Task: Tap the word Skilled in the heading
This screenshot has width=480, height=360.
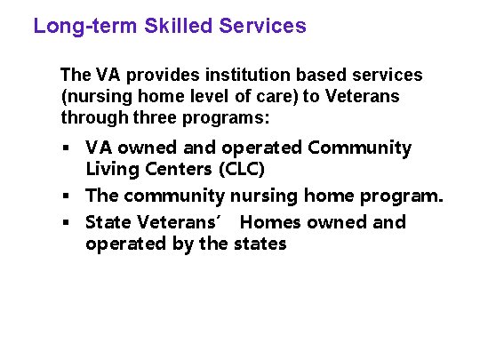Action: pos(169,26)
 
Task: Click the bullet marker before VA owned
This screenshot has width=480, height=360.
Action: pos(66,148)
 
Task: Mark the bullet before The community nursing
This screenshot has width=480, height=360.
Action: pos(66,196)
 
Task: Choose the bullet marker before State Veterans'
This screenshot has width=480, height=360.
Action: pos(66,222)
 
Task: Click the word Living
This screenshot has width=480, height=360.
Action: pos(109,169)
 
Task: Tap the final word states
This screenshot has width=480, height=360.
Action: pos(260,244)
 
